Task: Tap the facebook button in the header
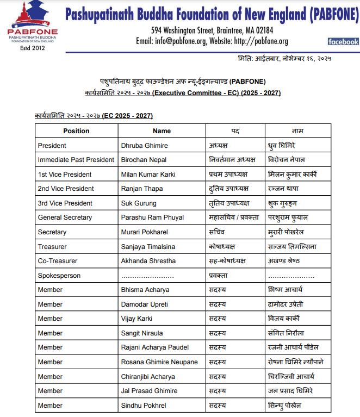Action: click(x=343, y=41)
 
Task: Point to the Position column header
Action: click(x=76, y=131)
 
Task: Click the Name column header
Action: click(x=162, y=131)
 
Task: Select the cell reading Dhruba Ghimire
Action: click(x=144, y=146)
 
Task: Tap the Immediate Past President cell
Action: click(x=76, y=160)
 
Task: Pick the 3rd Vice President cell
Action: click(x=65, y=203)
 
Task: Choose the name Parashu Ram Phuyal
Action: click(x=152, y=217)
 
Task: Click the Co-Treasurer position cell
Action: click(x=58, y=261)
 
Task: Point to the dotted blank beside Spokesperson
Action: click(x=147, y=276)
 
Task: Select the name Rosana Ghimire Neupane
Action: click(x=159, y=362)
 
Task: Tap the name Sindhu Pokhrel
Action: click(x=144, y=406)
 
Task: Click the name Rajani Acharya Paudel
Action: click(x=155, y=347)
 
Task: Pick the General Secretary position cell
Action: click(x=65, y=217)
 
